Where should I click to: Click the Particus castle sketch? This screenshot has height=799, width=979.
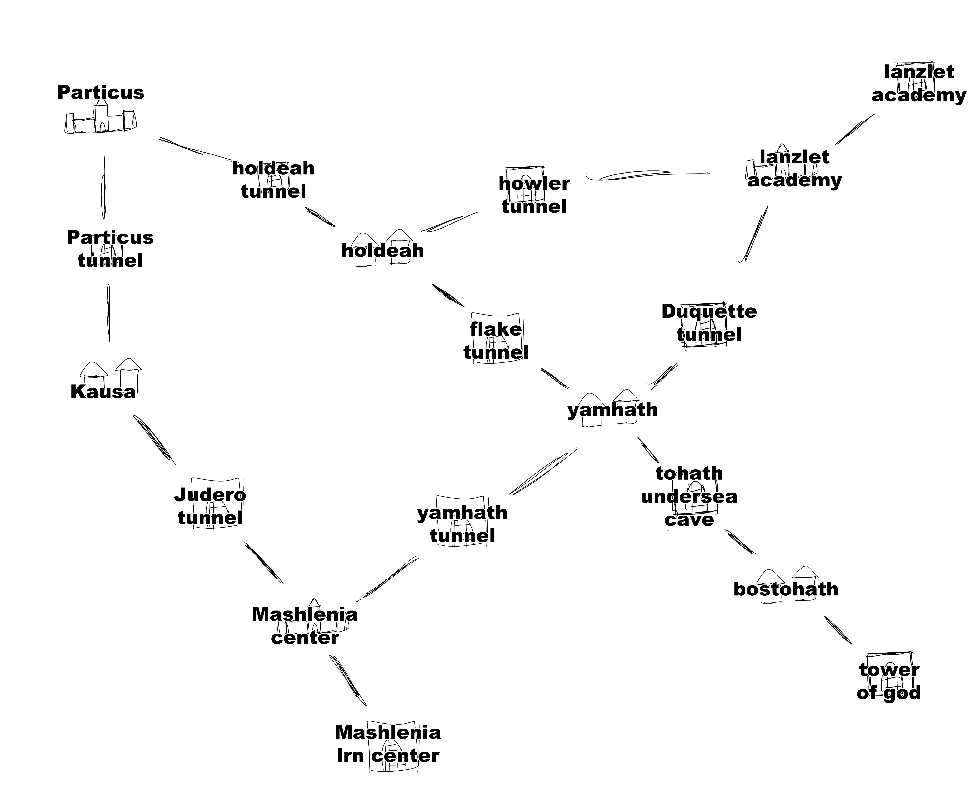click(101, 121)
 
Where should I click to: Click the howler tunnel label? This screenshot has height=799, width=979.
click(534, 195)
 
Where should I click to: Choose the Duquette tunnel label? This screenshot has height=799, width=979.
click(709, 323)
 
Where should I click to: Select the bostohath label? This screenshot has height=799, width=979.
click(786, 589)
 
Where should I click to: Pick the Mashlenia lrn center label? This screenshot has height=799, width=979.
click(388, 744)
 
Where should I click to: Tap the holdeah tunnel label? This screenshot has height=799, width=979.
click(273, 180)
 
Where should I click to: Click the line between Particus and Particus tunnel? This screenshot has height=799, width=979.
click(104, 188)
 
